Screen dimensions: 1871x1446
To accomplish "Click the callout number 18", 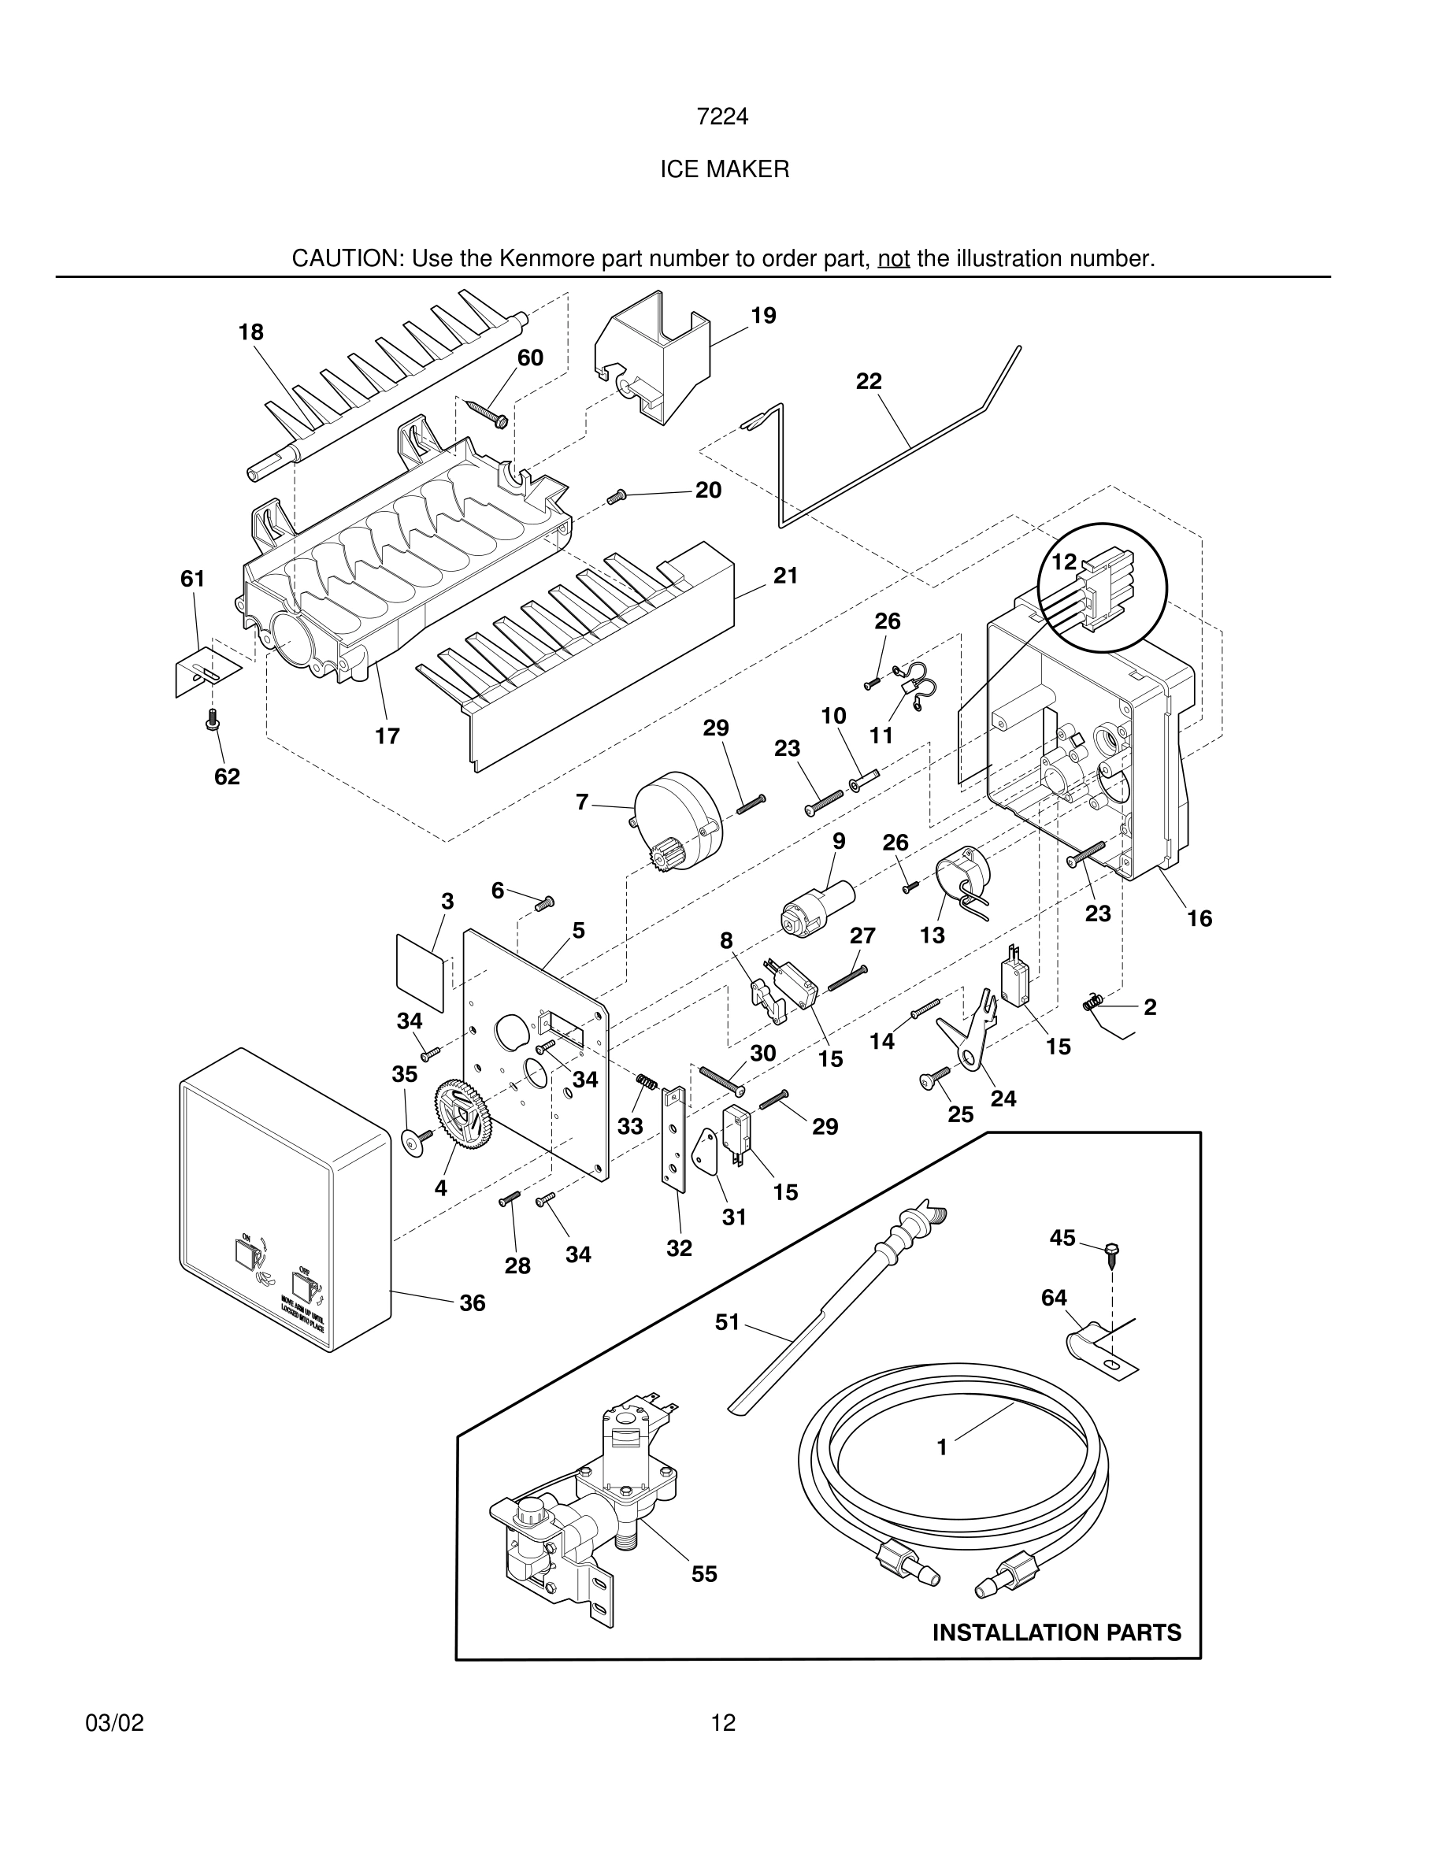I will coord(251,332).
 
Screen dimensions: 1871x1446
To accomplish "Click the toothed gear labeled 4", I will coord(465,1113).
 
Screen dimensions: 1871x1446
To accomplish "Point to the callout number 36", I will coord(472,1303).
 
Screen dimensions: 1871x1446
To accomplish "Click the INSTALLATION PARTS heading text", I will coord(1056,1633).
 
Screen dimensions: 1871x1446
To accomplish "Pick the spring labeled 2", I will coord(1092,1002).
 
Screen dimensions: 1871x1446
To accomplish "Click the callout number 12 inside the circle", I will coord(1063,562).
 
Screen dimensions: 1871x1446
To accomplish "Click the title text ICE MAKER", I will coord(724,169).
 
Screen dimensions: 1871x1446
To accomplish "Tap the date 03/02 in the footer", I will coord(114,1724).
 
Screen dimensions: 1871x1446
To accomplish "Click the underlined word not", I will coord(893,259).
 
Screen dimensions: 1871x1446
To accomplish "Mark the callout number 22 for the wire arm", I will coord(869,381).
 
